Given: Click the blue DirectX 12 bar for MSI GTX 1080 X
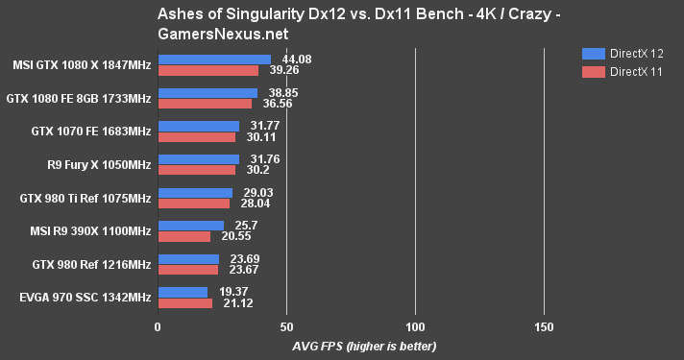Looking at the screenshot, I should pyautogui.click(x=214, y=60).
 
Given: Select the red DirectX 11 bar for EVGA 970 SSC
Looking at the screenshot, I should pyautogui.click(x=184, y=304).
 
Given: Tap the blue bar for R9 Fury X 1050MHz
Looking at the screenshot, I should pyautogui.click(x=198, y=159).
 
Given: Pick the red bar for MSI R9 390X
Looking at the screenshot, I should pyautogui.click(x=183, y=236).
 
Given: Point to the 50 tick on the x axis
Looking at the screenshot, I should pyautogui.click(x=286, y=327).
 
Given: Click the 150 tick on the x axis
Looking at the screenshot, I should pyautogui.click(x=544, y=327).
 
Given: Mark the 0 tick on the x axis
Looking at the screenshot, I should pyautogui.click(x=158, y=327).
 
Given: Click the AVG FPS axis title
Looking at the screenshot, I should pyautogui.click(x=351, y=346).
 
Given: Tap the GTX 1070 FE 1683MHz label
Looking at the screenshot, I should pyautogui.click(x=92, y=131).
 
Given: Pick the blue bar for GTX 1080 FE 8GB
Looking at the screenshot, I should pyautogui.click(x=208, y=93).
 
